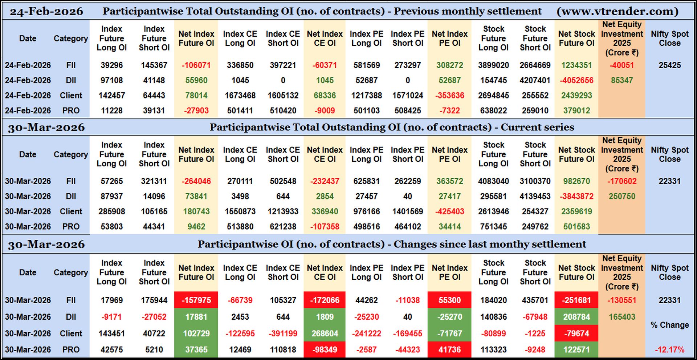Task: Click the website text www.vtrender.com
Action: click(x=617, y=11)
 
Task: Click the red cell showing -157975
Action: click(x=196, y=300)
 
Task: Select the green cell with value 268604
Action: click(x=325, y=333)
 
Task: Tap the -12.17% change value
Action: click(x=669, y=349)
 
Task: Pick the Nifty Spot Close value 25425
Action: click(x=669, y=65)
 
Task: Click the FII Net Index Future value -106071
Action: click(x=196, y=65)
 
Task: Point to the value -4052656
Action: click(x=576, y=80)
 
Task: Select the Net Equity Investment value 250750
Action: click(x=622, y=196)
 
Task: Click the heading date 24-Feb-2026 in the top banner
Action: click(x=46, y=11)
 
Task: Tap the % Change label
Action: click(x=669, y=325)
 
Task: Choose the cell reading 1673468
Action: click(x=240, y=96)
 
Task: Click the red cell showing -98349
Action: click(x=325, y=349)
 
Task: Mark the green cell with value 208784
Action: click(x=576, y=317)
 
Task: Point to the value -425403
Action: click(x=449, y=211)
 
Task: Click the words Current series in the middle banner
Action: click(x=537, y=127)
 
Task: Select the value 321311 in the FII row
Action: click(x=154, y=181)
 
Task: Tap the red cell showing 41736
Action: click(x=449, y=349)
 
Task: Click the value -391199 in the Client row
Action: click(x=283, y=333)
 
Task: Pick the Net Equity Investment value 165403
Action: click(x=622, y=317)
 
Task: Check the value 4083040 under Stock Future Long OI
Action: click(x=493, y=181)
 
